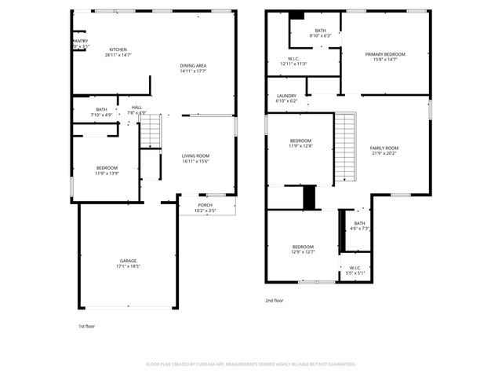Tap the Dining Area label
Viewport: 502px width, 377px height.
coord(192,65)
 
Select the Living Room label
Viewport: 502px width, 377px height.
coord(195,156)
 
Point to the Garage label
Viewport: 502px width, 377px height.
coord(128,261)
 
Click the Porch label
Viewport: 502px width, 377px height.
coord(205,206)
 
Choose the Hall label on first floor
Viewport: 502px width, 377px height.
coord(137,108)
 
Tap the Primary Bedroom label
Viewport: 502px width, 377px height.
coord(385,54)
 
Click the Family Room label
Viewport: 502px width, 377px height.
coord(384,148)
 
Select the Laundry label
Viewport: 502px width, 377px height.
coord(286,96)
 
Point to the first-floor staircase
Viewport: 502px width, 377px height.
coord(151,130)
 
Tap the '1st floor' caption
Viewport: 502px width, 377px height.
coord(86,325)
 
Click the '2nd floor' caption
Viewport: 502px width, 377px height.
coord(275,300)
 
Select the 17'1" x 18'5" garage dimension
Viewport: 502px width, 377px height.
coord(128,266)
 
